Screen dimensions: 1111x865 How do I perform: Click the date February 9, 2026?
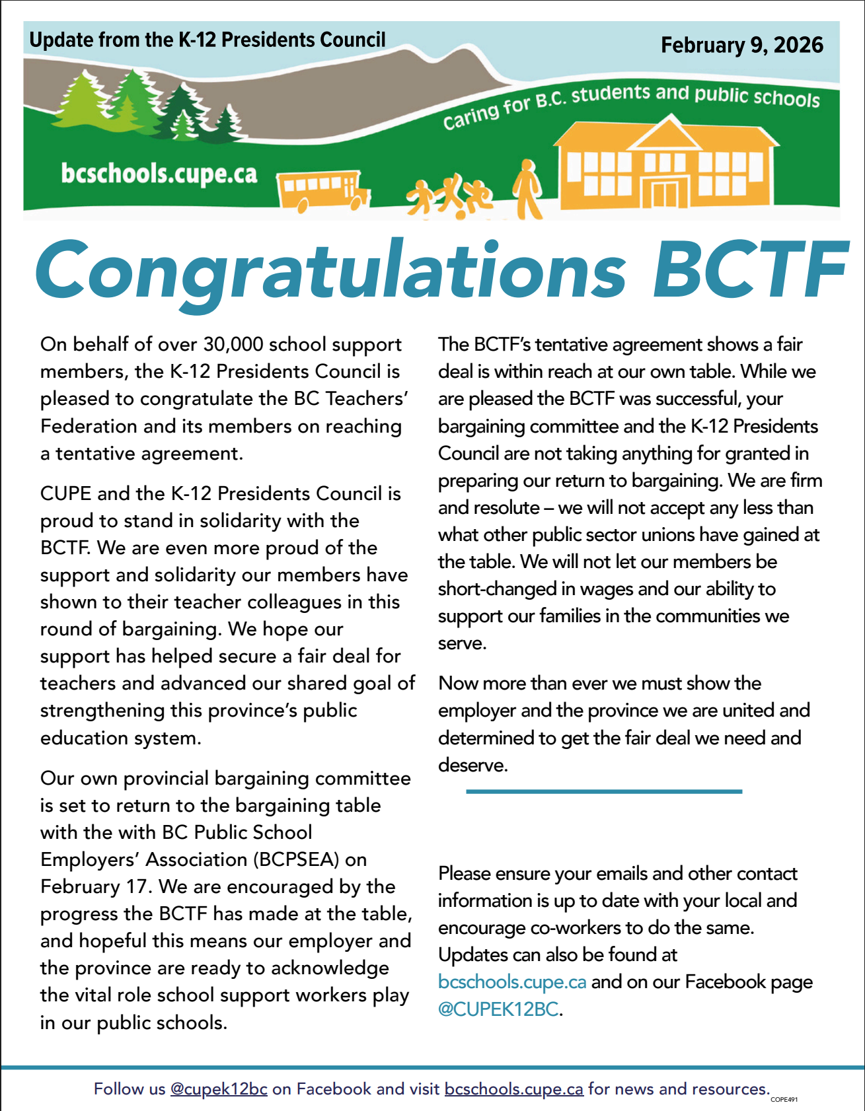(x=741, y=45)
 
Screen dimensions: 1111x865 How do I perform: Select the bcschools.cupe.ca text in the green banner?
(x=159, y=174)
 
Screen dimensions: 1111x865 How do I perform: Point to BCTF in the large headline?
(x=749, y=269)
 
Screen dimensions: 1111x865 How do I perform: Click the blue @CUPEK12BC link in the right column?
(x=499, y=1009)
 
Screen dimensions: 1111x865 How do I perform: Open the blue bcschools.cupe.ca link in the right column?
(x=512, y=982)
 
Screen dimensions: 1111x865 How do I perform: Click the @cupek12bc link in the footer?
(x=219, y=1089)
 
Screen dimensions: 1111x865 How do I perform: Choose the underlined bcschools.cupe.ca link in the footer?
(x=513, y=1089)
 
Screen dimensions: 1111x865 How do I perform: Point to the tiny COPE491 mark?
(x=784, y=1100)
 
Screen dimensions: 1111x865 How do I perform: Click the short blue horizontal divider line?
(x=604, y=791)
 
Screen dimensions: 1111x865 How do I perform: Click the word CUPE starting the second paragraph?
(x=65, y=493)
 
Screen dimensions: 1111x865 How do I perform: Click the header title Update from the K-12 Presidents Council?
(x=207, y=40)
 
